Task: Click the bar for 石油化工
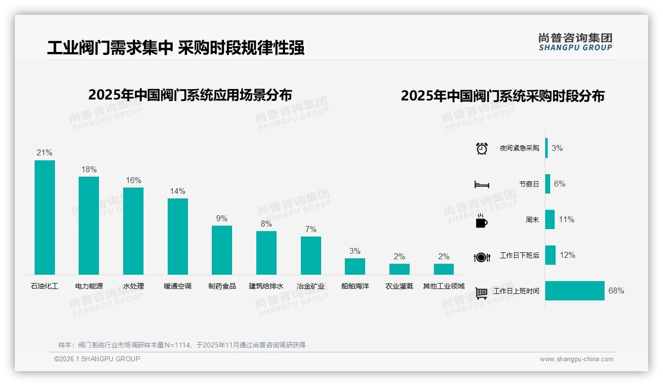pos(45,217)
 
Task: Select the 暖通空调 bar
pos(178,236)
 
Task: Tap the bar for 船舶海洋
pos(355,266)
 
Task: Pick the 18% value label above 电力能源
pos(89,169)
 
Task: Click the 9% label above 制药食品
pos(222,218)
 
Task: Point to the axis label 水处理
pos(133,286)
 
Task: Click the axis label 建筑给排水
pos(266,286)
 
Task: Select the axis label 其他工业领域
pos(444,286)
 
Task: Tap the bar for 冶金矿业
pos(311,255)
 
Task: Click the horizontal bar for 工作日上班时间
pos(574,291)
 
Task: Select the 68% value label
pos(616,291)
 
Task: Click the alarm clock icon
pos(481,148)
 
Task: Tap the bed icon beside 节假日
pos(481,185)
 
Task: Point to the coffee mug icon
pos(481,221)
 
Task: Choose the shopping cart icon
pos(481,293)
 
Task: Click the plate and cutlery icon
pos(481,257)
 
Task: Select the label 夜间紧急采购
pos(519,148)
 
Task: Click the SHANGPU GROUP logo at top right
pos(575,42)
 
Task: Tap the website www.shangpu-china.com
pos(576,359)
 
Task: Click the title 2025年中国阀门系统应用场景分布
pos(190,95)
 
